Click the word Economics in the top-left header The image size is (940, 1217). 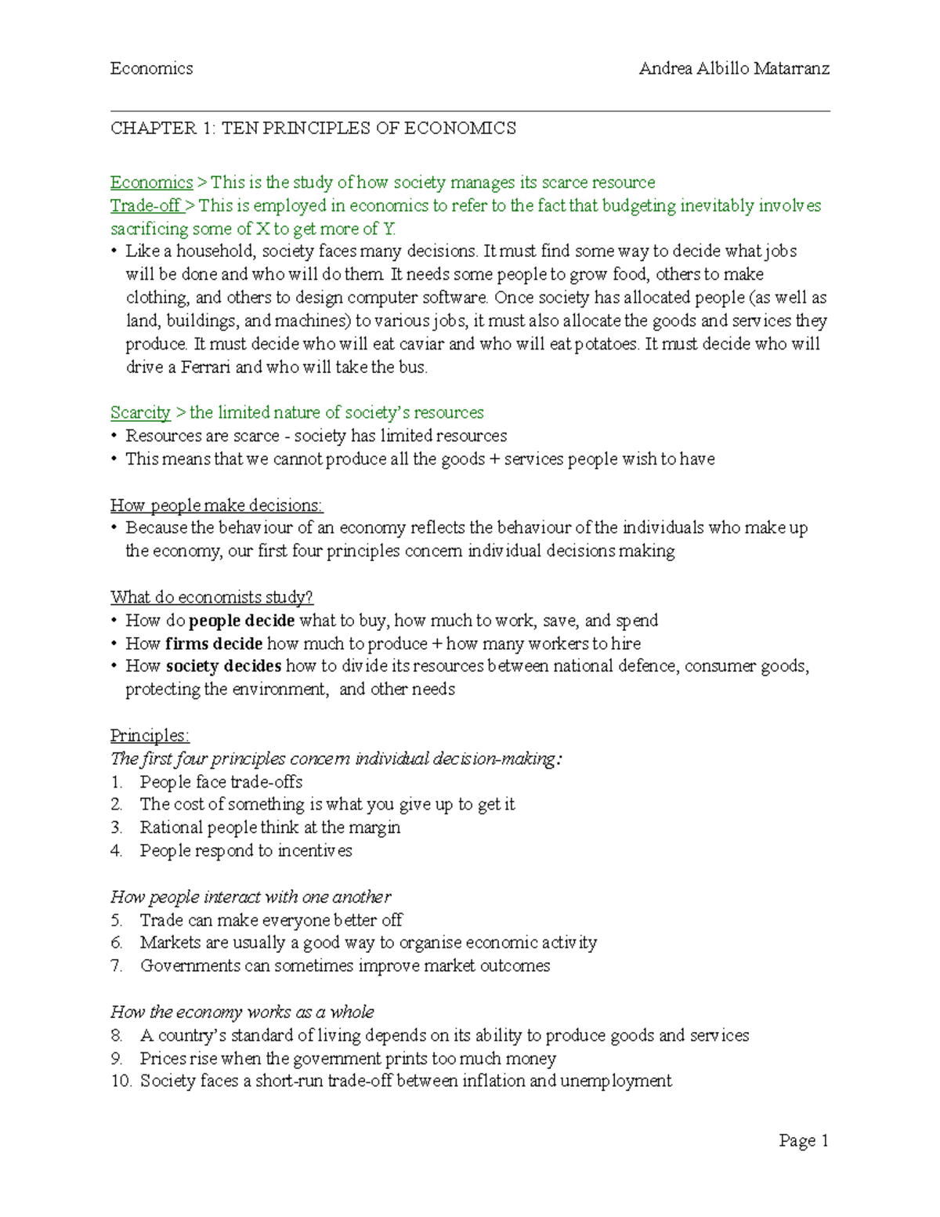coord(151,69)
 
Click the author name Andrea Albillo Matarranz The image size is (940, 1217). coord(734,69)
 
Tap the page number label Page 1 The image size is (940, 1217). coord(803,1141)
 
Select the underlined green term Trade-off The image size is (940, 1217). coord(146,206)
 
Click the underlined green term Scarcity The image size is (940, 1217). coord(140,413)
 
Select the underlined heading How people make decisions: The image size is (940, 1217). coord(216,505)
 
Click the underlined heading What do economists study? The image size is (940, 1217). coord(211,598)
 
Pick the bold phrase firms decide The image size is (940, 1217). coord(214,644)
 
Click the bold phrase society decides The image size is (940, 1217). coord(223,667)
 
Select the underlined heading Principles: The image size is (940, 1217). coord(150,736)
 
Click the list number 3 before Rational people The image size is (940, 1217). coord(116,828)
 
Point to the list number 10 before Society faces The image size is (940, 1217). coord(120,1081)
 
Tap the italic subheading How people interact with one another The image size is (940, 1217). coord(251,897)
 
